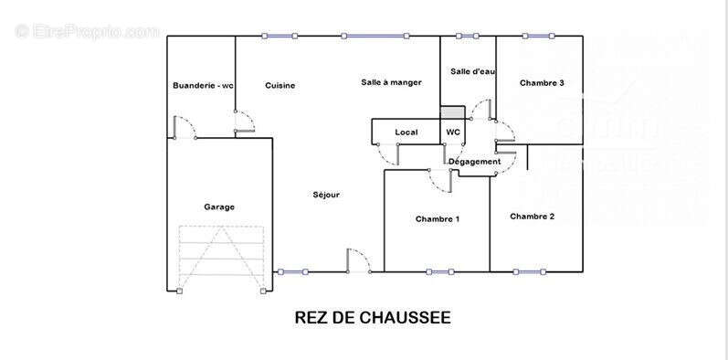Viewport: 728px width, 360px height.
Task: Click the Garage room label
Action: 219,206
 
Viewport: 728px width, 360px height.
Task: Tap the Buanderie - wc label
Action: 203,86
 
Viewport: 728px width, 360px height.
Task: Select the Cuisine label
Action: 280,86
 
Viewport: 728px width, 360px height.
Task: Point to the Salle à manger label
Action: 391,82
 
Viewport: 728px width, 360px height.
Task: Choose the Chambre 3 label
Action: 542,83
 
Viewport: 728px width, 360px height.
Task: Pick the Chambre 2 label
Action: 533,217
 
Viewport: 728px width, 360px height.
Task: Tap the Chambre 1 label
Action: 438,219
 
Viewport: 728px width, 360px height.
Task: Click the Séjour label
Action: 326,195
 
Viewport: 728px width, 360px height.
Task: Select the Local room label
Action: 406,132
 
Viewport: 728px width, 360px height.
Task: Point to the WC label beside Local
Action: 453,132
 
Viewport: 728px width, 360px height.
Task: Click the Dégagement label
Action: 475,162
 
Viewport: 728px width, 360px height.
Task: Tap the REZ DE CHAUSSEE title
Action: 373,318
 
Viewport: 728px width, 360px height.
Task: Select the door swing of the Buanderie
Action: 184,127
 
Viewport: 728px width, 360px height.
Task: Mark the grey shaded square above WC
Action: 452,112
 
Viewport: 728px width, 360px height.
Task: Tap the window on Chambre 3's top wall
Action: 538,36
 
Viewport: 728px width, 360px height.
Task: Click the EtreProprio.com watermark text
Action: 87,32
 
